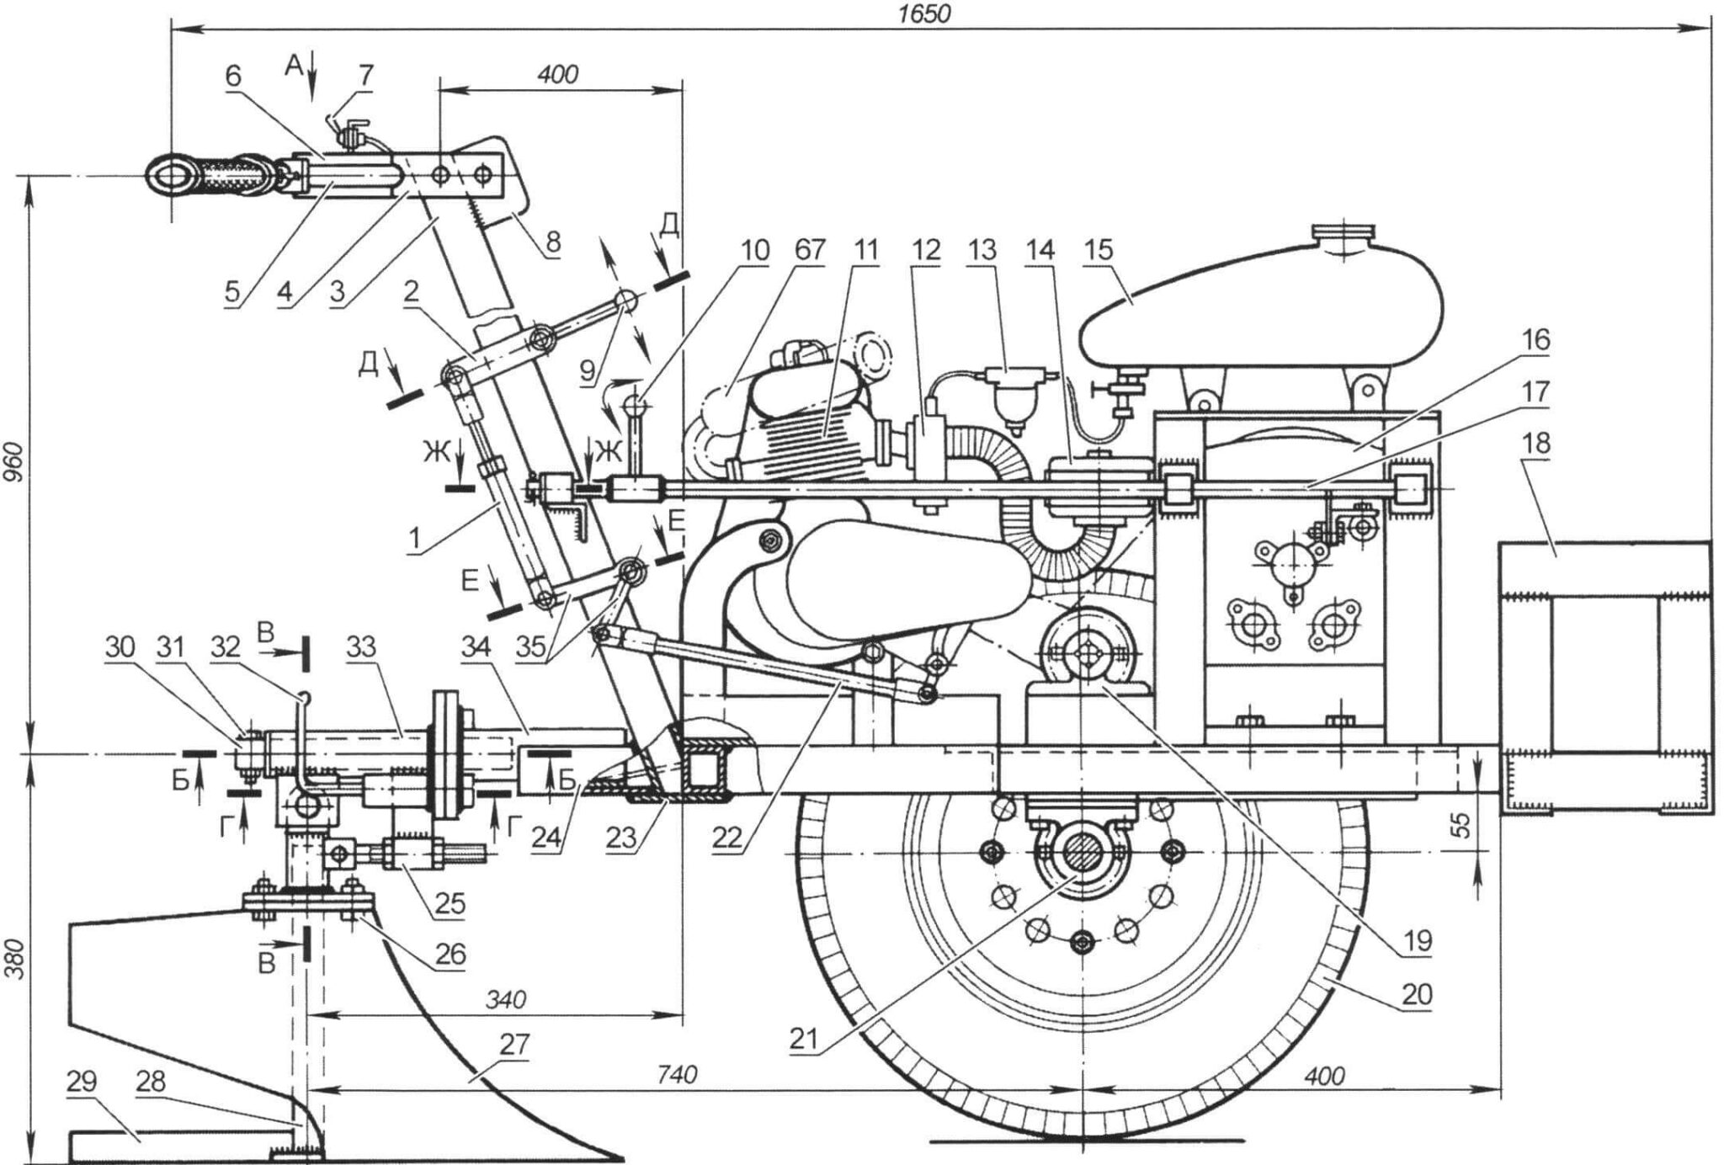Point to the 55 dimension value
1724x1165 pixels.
[x=1463, y=824]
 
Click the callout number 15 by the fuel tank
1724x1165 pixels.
[x=1123, y=251]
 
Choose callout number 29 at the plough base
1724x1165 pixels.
[x=82, y=1083]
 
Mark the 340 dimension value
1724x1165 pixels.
[x=506, y=999]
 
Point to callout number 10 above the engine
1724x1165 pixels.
[x=755, y=251]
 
